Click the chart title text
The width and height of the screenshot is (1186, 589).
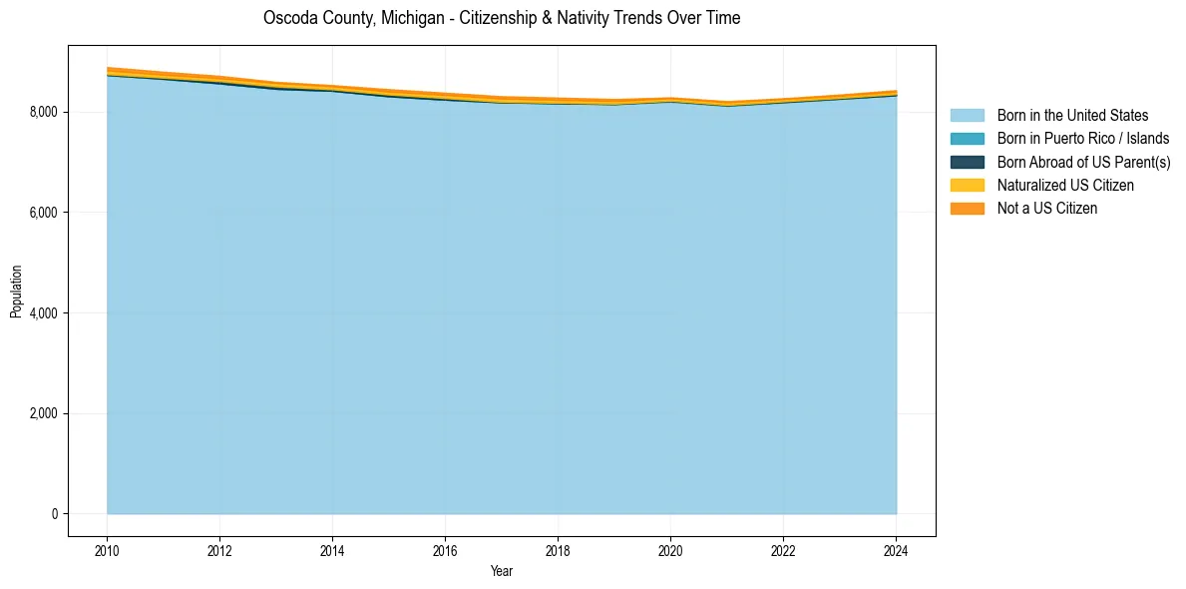point(502,18)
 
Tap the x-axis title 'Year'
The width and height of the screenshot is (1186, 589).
point(502,571)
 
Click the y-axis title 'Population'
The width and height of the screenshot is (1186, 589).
point(16,292)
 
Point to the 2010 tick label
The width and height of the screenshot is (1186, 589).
point(107,550)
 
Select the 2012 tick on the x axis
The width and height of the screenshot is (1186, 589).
point(219,550)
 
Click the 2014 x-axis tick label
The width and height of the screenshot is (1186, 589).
point(332,550)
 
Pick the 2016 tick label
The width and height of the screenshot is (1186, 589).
point(445,550)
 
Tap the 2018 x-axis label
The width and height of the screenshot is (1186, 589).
point(558,550)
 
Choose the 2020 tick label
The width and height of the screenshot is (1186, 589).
point(670,550)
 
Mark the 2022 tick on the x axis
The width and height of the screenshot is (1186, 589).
point(783,550)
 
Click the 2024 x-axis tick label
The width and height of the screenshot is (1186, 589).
point(896,550)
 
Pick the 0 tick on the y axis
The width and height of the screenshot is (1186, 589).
point(56,514)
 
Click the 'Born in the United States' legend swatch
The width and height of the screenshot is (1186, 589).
point(967,116)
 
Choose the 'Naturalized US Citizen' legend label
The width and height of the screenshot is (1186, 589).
point(1065,186)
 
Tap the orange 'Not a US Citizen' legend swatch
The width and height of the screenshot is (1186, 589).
point(967,209)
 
